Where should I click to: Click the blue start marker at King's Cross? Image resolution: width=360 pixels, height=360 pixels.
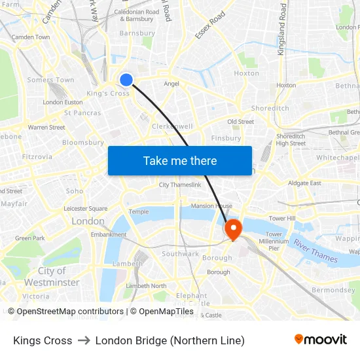point(126,80)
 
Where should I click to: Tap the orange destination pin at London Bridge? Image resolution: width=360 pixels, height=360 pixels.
point(232,228)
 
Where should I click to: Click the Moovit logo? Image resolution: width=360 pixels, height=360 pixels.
point(320,340)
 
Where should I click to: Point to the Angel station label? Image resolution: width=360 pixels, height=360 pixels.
point(171,84)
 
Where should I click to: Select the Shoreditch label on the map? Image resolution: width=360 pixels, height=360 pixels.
point(270,108)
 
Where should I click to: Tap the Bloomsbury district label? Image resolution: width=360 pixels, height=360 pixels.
point(83,142)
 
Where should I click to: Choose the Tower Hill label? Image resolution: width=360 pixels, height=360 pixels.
point(282,218)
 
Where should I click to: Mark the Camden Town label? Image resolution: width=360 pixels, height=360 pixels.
point(31,37)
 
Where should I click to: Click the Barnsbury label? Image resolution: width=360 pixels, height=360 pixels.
point(137,33)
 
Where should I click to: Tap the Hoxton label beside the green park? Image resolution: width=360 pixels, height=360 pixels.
point(247,73)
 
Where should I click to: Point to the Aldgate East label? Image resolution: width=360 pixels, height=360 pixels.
point(305,183)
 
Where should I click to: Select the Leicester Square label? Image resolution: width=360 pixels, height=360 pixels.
point(86,208)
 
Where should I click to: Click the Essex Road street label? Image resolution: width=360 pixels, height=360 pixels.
point(209,24)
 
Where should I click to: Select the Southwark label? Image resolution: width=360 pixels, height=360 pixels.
point(180,254)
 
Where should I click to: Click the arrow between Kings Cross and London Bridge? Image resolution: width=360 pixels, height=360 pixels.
point(84,340)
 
